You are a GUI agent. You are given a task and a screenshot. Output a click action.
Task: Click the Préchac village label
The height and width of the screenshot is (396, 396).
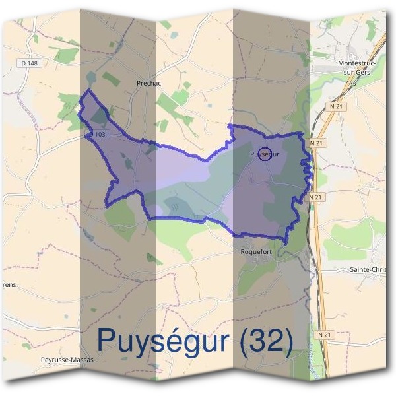148,83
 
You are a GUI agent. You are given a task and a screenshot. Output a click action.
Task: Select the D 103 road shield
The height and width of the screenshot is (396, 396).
96,134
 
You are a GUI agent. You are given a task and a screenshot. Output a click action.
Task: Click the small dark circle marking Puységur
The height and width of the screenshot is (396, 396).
264,154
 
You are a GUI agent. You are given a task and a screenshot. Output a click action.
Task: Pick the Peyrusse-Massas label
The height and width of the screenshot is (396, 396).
68,360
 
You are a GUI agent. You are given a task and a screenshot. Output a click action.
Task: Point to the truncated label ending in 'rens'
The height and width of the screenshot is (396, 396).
9,285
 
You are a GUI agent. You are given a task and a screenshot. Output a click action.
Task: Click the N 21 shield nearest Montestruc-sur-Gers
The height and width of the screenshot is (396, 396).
337,106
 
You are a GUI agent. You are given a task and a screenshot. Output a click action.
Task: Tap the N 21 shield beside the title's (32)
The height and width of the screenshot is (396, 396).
323,335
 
